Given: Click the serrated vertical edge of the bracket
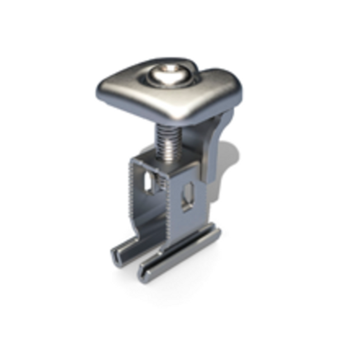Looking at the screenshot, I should [132, 190].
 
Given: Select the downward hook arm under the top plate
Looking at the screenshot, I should [222, 134].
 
